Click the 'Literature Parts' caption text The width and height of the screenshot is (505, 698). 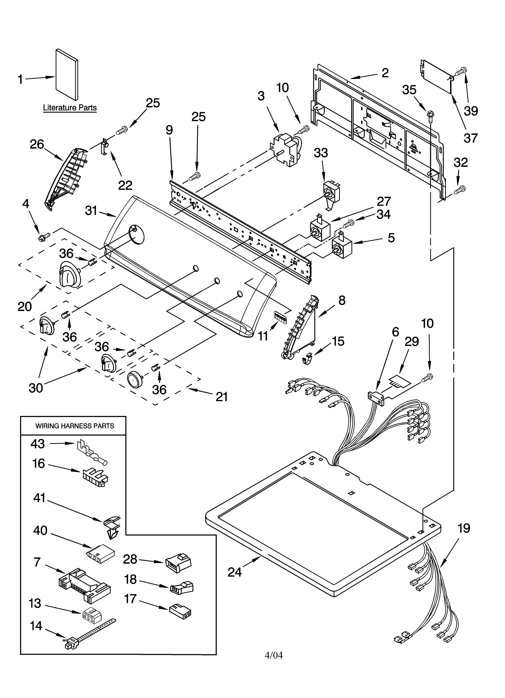click(x=70, y=108)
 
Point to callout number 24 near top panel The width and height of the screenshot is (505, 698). click(x=235, y=572)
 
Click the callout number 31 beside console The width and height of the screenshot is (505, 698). click(x=91, y=211)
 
